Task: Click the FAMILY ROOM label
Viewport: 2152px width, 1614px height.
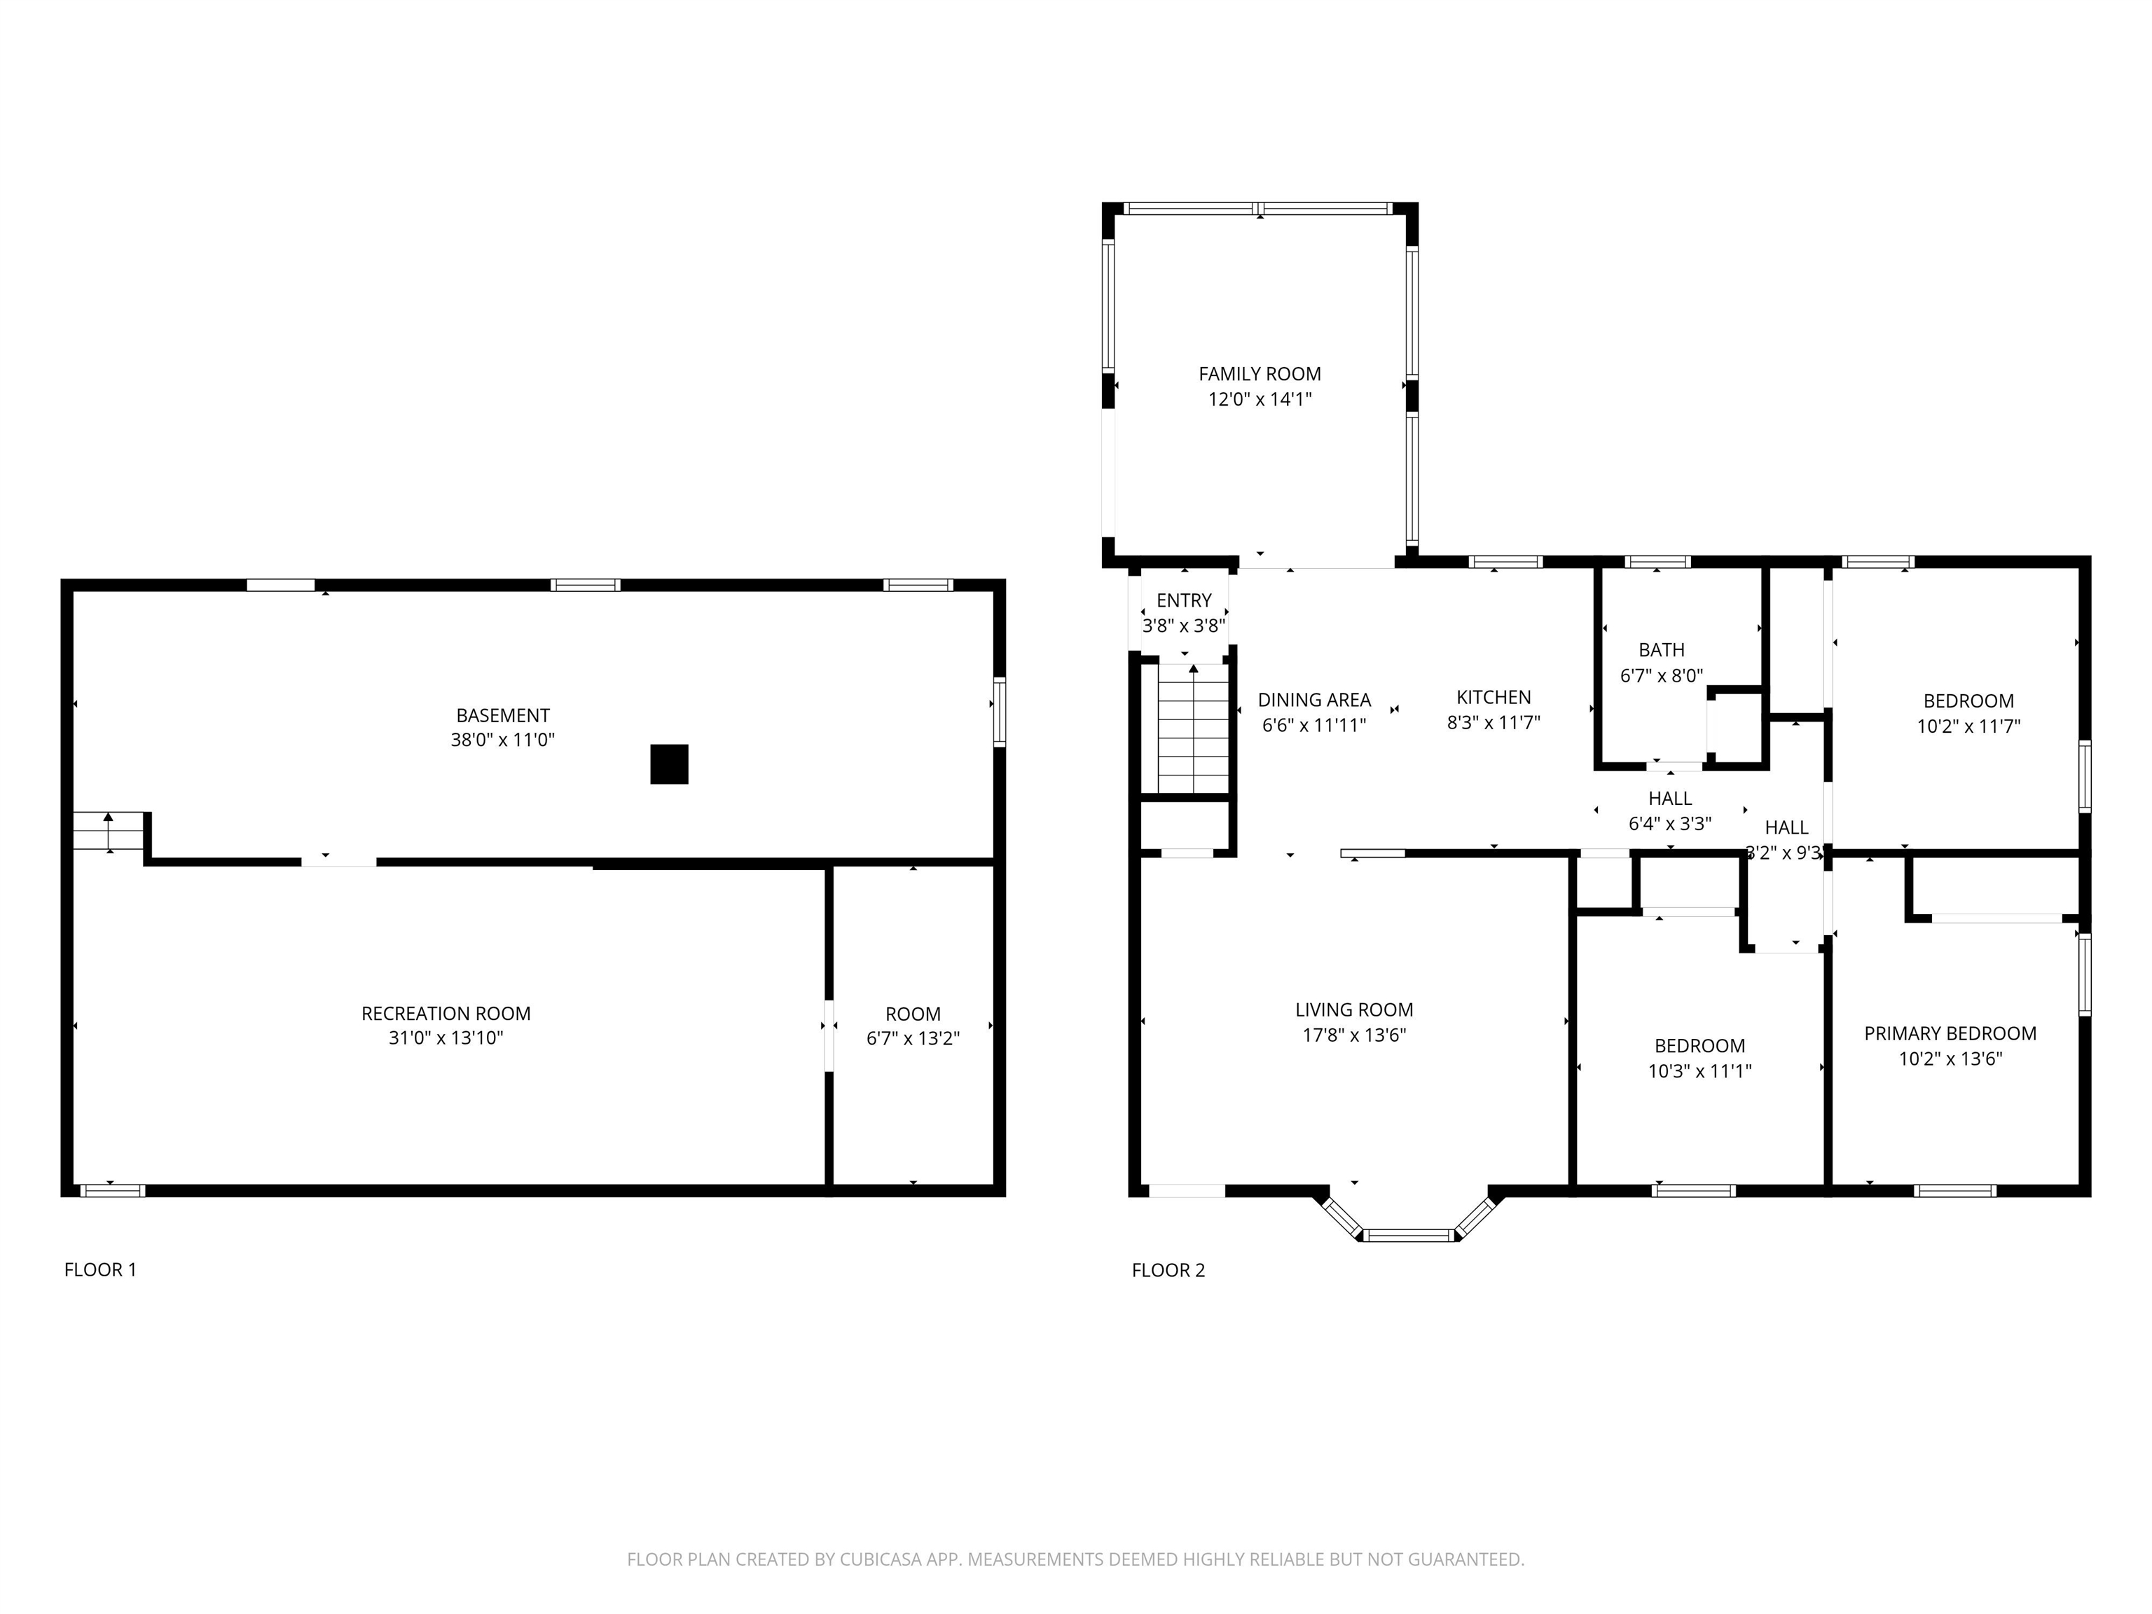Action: (1260, 373)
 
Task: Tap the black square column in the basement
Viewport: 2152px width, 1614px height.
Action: (669, 764)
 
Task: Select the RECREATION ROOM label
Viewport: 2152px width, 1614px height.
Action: (446, 1013)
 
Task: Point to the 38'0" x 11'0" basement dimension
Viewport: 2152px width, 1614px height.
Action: (502, 739)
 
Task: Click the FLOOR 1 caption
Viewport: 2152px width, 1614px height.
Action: (100, 1269)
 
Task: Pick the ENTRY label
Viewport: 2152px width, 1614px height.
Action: (1184, 600)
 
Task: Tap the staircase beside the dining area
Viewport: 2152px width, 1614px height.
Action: (1194, 729)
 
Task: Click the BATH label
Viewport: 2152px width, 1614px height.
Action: (1662, 650)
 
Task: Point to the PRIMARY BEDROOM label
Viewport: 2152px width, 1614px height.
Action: (1950, 1033)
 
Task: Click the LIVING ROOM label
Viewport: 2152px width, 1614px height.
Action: (1354, 1010)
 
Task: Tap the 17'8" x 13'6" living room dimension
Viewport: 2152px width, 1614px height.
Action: (1354, 1035)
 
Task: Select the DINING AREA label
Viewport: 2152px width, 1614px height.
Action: (1314, 700)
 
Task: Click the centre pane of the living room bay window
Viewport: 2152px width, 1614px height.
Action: (1409, 1236)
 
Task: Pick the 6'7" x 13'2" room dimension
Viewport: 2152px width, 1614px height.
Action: (913, 1038)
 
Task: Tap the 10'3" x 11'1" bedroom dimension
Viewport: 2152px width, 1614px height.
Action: (1699, 1071)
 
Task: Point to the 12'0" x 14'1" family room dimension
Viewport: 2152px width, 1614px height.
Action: (1260, 399)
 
